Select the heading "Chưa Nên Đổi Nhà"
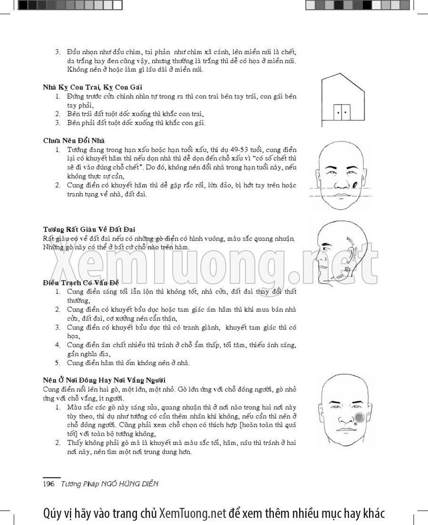tap(74, 141)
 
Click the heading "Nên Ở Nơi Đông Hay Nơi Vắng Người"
tap(104, 380)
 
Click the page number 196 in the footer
tap(49, 484)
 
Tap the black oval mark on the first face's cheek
tap(355, 184)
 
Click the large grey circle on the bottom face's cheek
tap(359, 418)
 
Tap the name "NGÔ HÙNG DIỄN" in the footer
tap(129, 484)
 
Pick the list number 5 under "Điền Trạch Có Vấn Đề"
tap(58, 363)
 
